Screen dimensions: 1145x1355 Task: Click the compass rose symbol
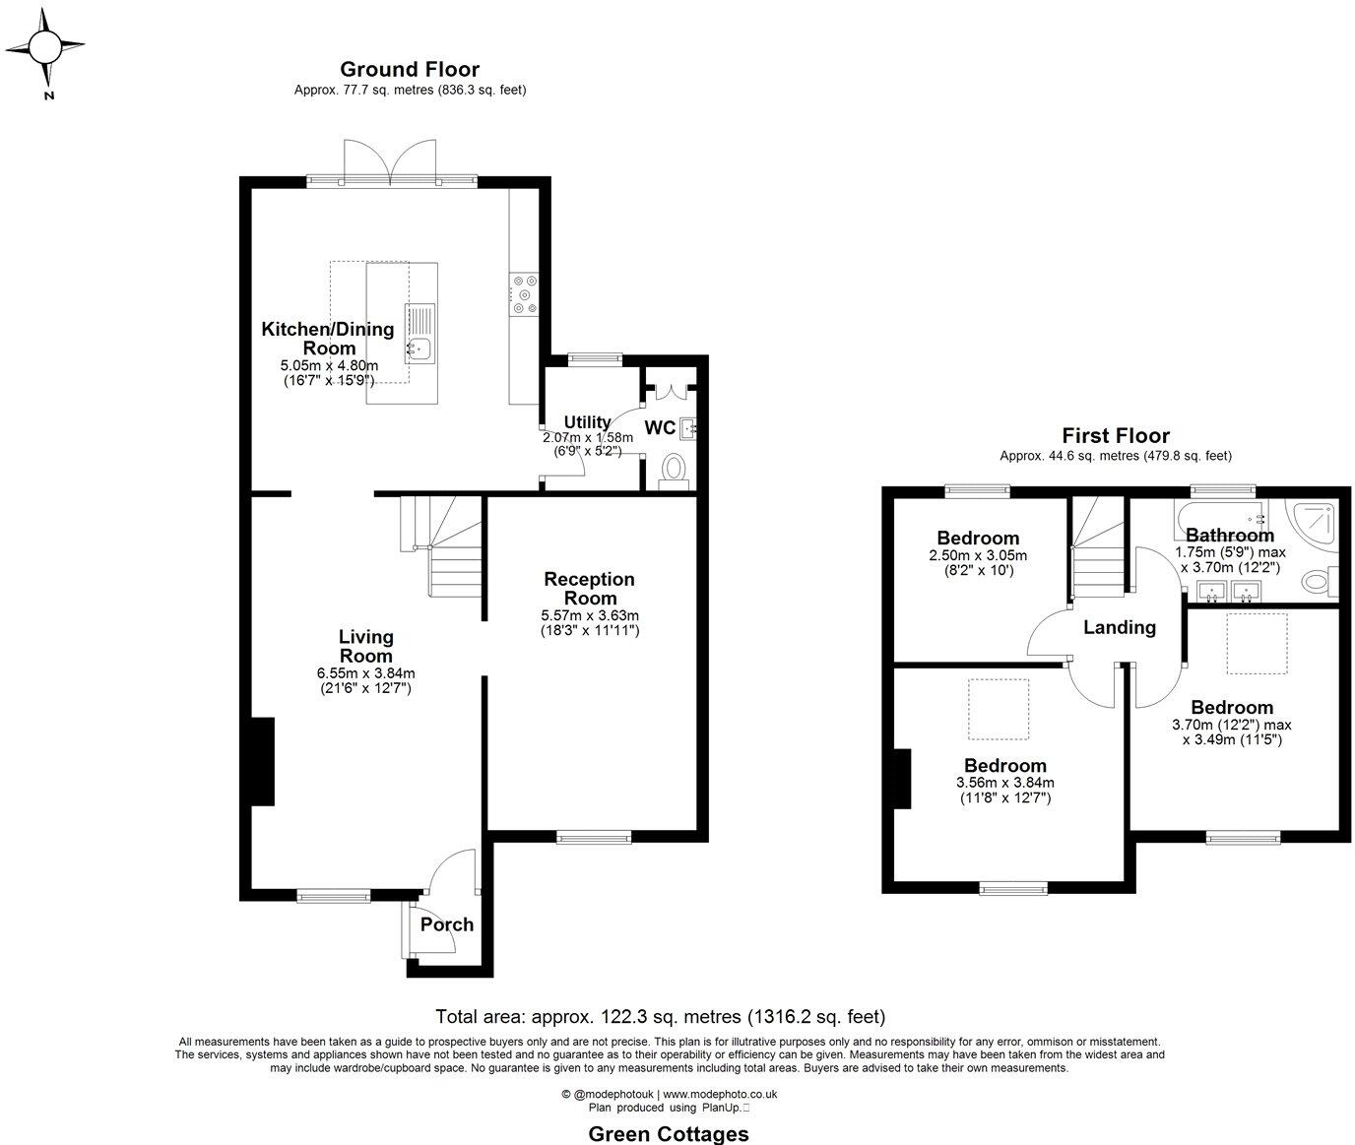44,47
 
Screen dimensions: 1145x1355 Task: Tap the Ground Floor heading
410,70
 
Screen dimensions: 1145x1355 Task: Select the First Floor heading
1115,435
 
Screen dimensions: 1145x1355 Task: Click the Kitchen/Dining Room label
328,338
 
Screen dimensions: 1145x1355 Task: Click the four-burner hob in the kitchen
524,293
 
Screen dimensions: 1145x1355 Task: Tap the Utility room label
587,422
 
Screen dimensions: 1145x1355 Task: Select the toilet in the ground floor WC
675,468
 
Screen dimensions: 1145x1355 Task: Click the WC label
660,428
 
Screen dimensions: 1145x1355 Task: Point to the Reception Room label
589,588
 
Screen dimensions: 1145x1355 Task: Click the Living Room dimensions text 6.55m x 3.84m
365,673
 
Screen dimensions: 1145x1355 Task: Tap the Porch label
447,924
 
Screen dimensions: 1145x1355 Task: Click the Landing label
1120,627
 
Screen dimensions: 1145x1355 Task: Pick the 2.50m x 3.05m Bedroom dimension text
977,555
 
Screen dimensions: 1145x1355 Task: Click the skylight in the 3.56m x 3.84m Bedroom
999,709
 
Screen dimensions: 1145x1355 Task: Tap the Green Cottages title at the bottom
668,1134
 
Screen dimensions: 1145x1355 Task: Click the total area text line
661,1016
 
